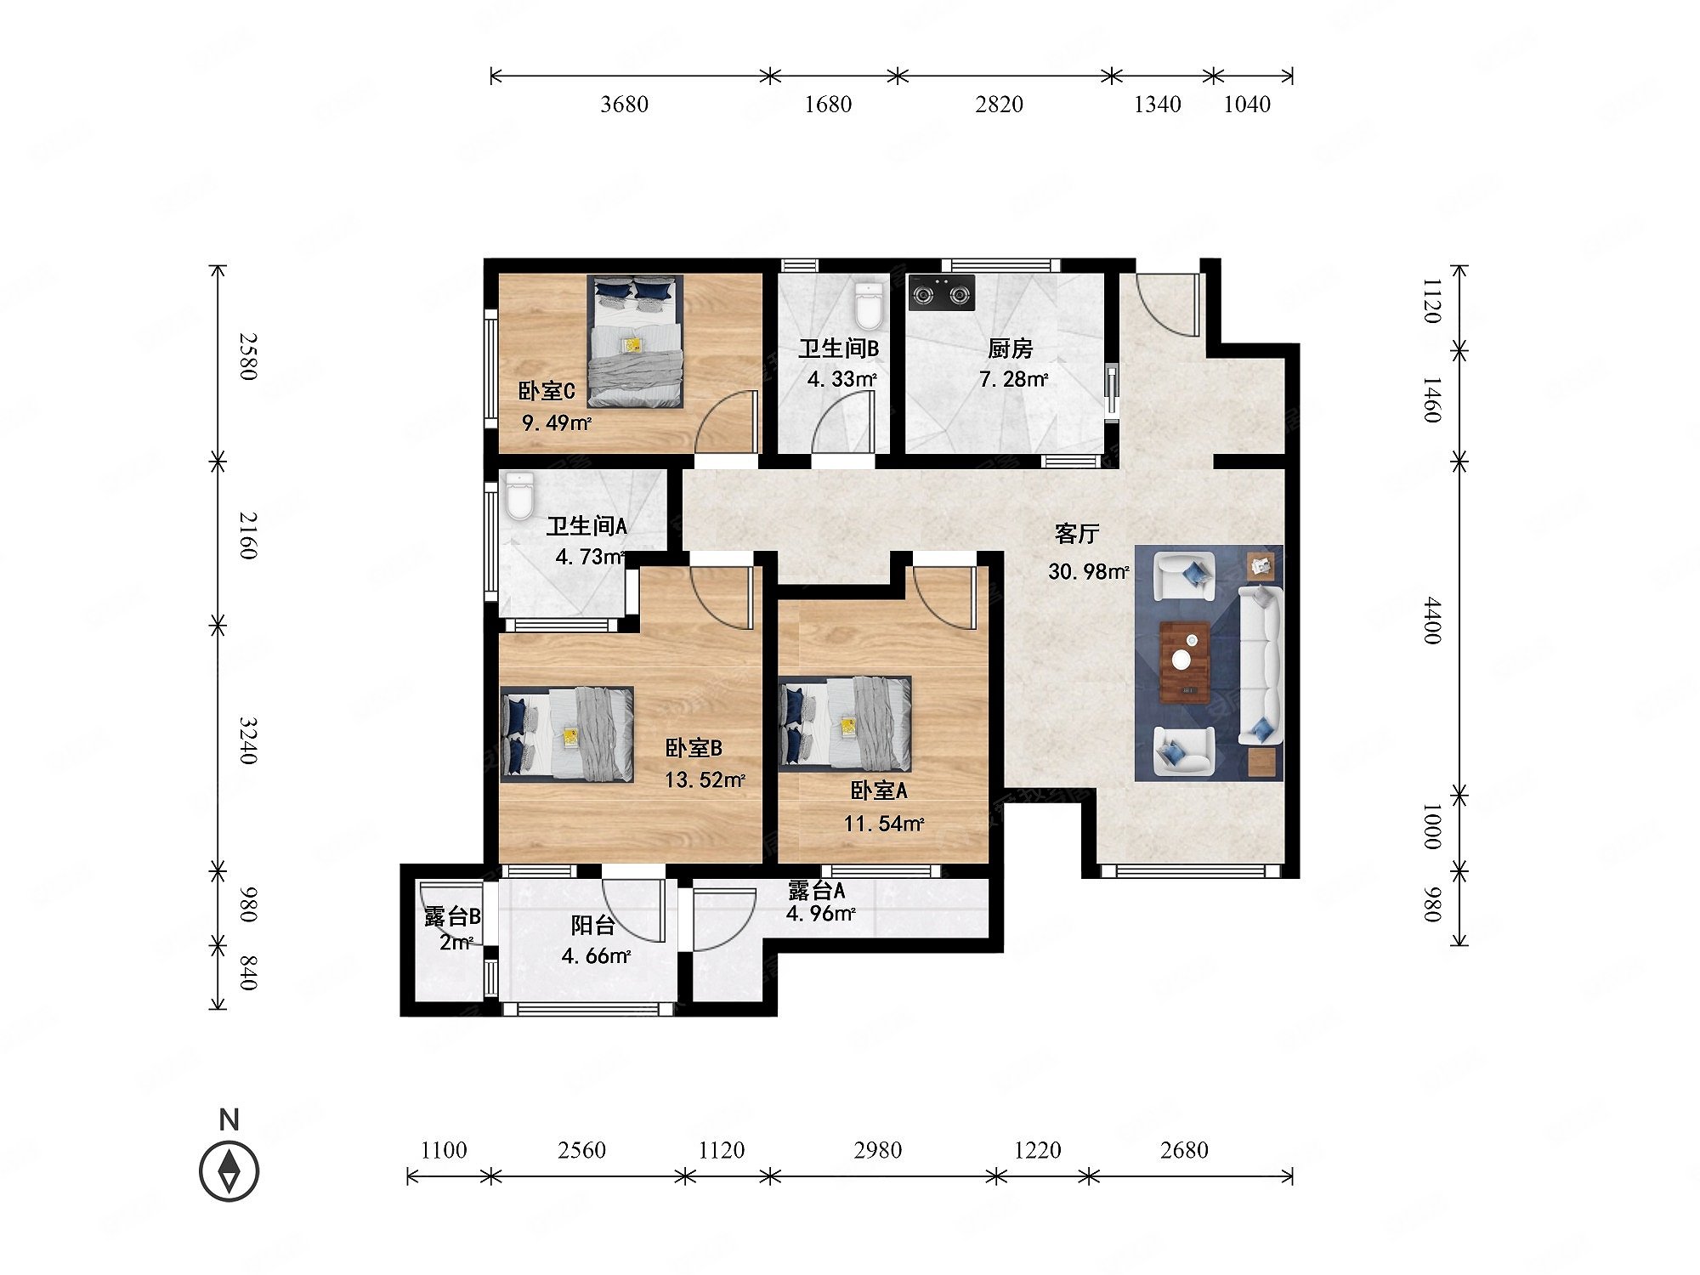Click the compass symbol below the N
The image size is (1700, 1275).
[x=229, y=1171]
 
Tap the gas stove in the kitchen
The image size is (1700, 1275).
[x=941, y=293]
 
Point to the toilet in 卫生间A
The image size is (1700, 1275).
[x=519, y=496]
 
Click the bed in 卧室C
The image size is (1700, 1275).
[x=635, y=342]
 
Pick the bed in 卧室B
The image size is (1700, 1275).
[x=567, y=734]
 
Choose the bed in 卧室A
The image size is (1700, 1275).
[x=845, y=724]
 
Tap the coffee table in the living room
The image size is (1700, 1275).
[x=1185, y=661]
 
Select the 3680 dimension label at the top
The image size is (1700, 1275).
[x=624, y=105]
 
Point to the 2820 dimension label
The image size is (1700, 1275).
[x=999, y=105]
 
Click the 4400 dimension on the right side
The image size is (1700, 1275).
[x=1433, y=620]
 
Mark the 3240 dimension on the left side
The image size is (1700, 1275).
[x=247, y=741]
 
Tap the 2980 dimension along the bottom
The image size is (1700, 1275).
[x=877, y=1150]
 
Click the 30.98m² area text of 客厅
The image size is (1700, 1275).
[x=1089, y=571]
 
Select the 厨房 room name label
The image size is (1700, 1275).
[x=1010, y=348]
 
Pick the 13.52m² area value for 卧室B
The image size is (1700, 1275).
[x=705, y=779]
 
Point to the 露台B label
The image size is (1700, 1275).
[x=452, y=917]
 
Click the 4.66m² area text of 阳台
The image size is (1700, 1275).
[x=596, y=956]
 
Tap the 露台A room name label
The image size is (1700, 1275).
[x=816, y=890]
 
